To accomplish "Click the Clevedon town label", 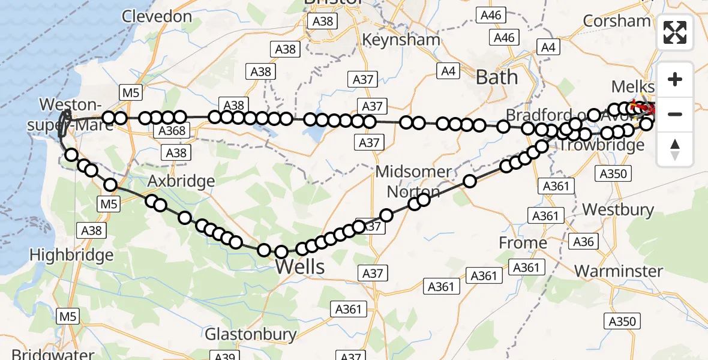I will point(157,16).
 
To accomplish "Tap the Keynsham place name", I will point(401,40).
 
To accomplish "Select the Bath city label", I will point(496,77).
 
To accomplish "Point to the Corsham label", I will point(616,20).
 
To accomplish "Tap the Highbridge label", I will point(71,255).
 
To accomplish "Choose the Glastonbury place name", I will point(251,334).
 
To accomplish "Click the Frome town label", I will point(523,243).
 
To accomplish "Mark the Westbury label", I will point(618,209).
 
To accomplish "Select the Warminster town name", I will point(618,271).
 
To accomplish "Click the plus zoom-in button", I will point(675,79).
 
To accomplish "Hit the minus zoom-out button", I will point(675,114).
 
